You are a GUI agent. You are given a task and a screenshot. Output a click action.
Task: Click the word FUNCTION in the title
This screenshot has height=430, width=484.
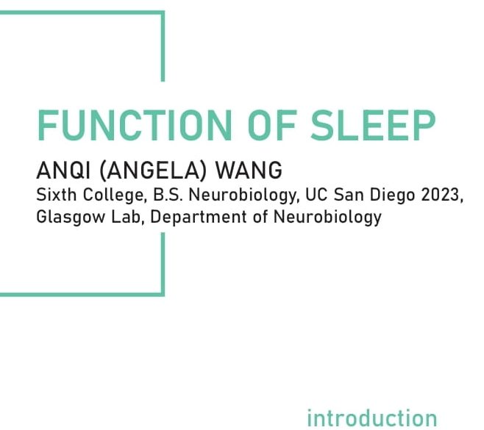click(135, 125)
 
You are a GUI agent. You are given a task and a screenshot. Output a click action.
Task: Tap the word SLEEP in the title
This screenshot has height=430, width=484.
click(373, 125)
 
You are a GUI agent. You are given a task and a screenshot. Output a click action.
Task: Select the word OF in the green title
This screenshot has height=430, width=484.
click(271, 125)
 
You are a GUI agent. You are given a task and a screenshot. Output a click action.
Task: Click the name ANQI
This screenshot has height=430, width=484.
click(63, 170)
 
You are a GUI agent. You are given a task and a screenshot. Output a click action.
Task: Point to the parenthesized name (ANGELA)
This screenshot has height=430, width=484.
click(153, 170)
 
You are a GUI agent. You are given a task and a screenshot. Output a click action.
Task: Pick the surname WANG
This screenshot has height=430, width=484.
click(249, 170)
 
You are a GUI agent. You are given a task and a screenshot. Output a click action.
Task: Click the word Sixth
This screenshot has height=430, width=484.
click(56, 195)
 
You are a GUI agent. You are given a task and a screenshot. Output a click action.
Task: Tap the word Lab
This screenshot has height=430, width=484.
click(127, 217)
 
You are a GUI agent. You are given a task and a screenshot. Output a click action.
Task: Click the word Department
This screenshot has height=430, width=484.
click(199, 218)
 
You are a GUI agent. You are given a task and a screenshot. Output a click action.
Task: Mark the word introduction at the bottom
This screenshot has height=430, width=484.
click(372, 418)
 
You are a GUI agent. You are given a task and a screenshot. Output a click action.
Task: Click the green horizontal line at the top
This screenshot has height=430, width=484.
click(82, 12)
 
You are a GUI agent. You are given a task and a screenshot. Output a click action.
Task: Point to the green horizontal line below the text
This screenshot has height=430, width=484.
click(82, 295)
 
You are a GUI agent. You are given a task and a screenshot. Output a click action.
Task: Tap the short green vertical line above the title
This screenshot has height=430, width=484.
click(163, 46)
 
